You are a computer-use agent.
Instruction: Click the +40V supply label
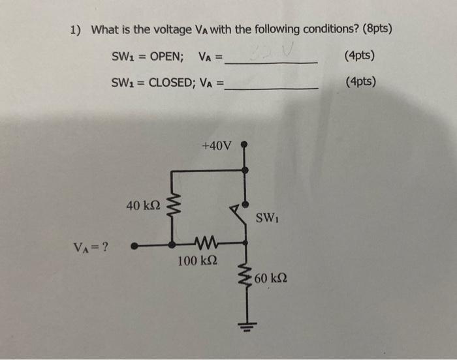pos(217,145)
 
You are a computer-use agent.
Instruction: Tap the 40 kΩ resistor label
pos(143,206)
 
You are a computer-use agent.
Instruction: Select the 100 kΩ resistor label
pos(198,262)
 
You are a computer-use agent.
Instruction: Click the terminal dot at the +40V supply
pos(245,144)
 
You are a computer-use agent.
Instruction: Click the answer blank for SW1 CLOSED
pos(271,86)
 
